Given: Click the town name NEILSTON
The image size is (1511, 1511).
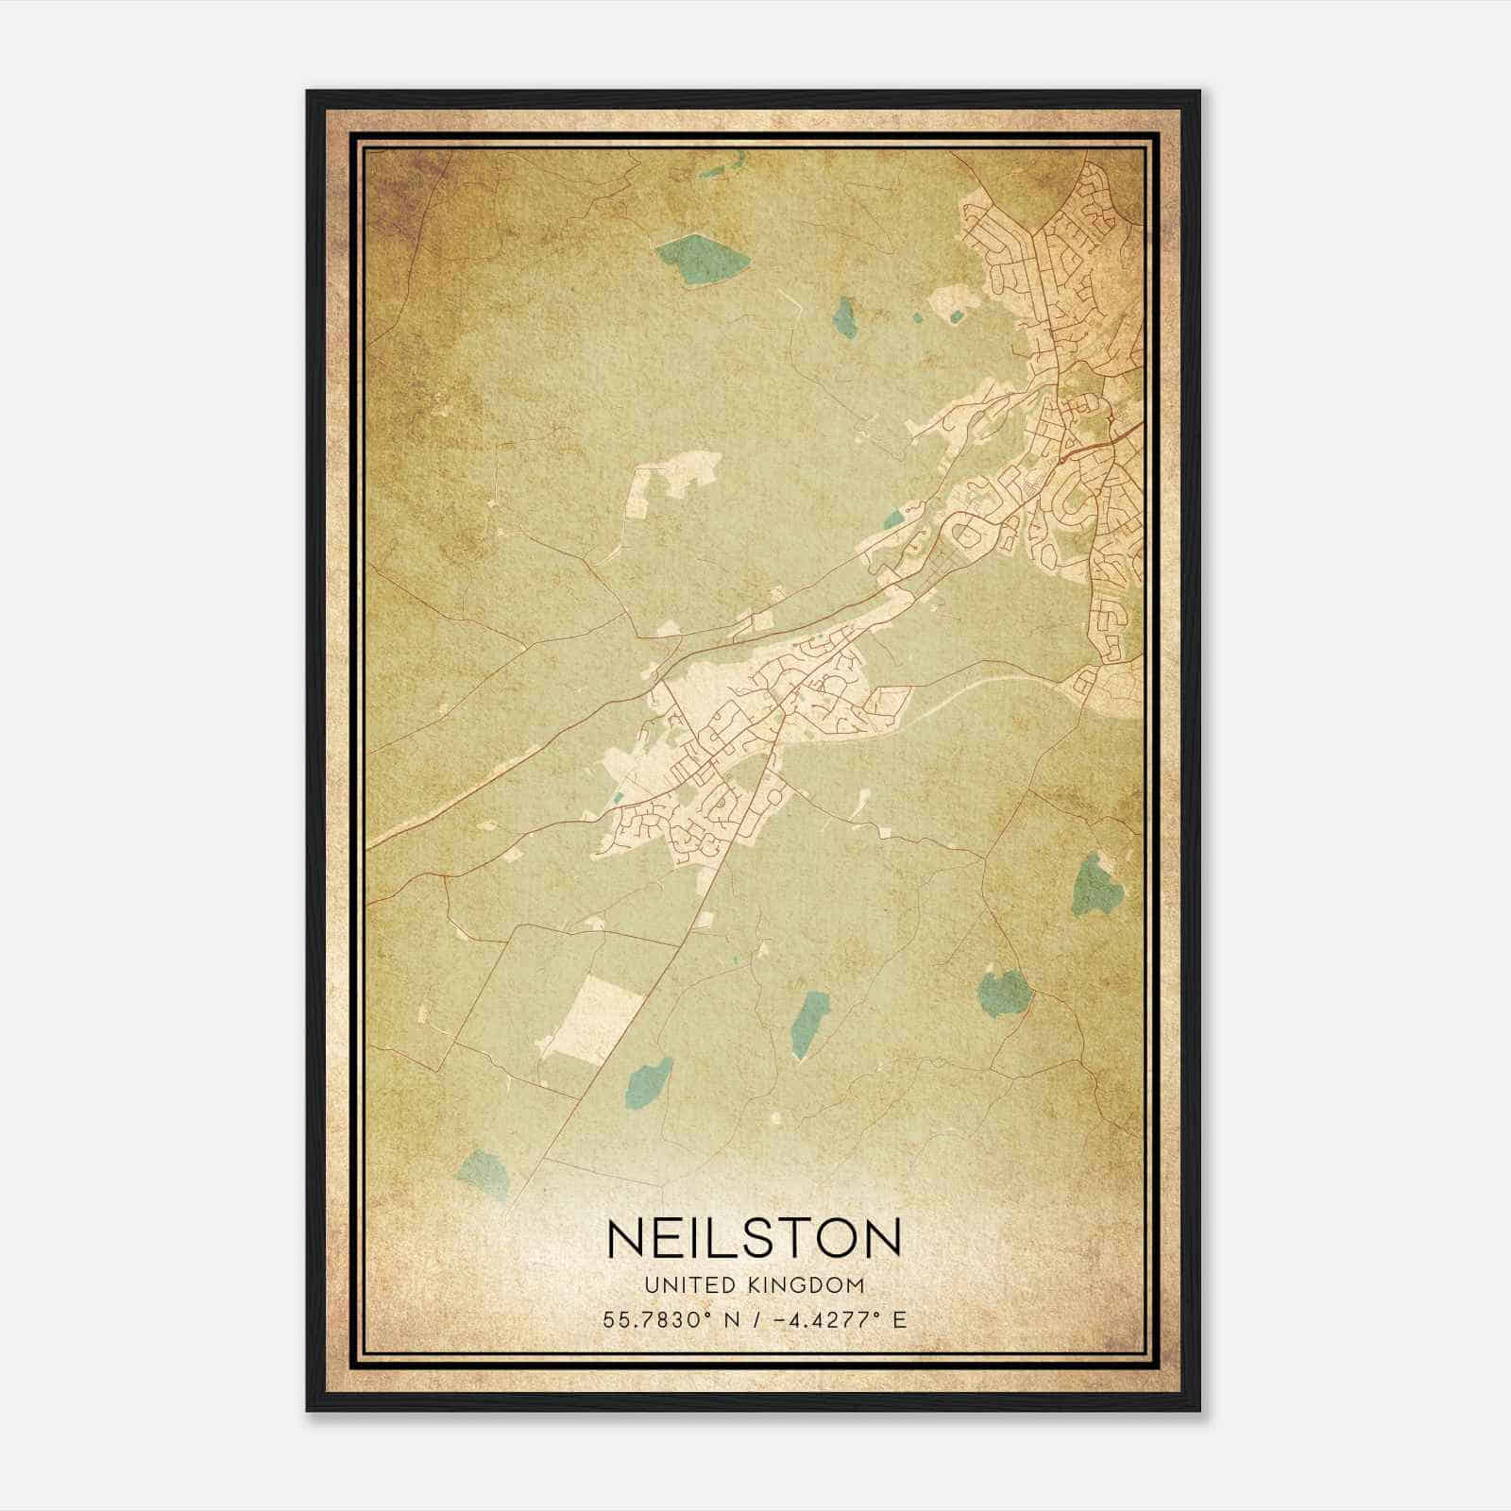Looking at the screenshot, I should click(755, 1237).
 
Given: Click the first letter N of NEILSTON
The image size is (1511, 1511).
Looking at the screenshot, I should click(627, 1237).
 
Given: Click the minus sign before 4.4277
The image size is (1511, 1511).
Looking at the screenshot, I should click(779, 1319).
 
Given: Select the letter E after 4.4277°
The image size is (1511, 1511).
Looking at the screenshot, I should click(900, 1319).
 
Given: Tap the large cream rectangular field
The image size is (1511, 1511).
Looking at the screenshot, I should click(597, 1021).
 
